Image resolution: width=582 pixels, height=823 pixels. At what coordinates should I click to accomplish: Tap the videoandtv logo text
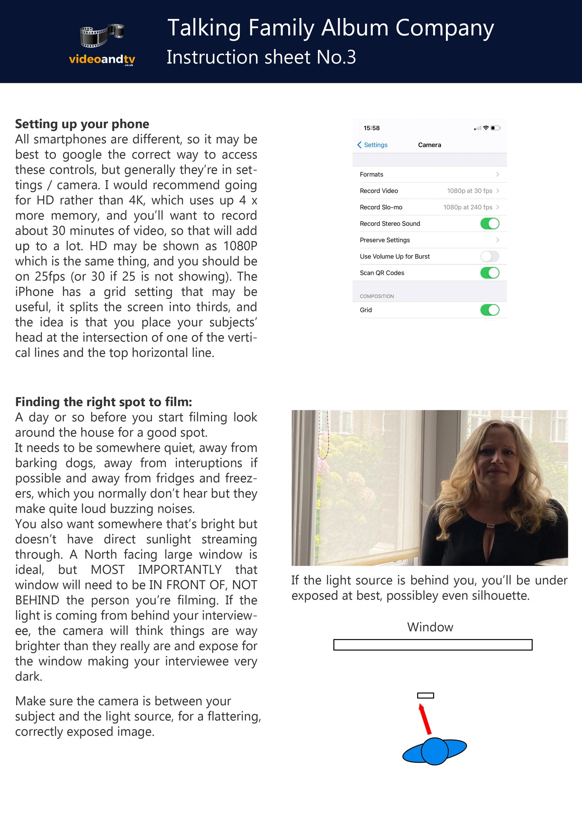point(102,59)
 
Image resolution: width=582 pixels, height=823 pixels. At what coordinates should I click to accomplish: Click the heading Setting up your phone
point(82,124)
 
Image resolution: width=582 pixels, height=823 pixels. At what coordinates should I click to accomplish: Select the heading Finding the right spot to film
point(104,402)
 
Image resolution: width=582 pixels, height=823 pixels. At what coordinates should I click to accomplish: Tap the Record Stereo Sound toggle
point(489,224)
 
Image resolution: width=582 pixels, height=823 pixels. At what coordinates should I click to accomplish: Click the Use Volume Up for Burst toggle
point(489,256)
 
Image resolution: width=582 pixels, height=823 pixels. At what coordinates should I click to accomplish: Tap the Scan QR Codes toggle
point(489,273)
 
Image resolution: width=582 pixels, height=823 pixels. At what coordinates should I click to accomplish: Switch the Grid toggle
point(489,310)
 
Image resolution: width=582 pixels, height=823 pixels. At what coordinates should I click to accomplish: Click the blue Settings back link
point(373,145)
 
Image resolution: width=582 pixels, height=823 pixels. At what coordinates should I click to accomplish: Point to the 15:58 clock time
point(371,128)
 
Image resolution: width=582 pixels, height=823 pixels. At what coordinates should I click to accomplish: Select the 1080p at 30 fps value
point(469,191)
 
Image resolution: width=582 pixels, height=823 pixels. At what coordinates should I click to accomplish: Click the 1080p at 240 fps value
point(467,207)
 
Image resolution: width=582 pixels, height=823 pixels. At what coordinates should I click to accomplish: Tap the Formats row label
point(371,175)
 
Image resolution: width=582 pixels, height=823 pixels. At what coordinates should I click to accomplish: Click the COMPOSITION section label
point(377,296)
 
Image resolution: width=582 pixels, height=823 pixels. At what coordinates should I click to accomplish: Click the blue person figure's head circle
point(434,751)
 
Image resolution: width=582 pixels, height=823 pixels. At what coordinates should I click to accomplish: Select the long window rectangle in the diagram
point(433,645)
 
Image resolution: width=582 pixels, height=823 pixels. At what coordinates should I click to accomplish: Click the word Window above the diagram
point(430,627)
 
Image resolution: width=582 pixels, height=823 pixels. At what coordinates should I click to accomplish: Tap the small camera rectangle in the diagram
point(426,695)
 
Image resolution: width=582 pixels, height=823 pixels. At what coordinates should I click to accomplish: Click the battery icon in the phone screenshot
point(495,128)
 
